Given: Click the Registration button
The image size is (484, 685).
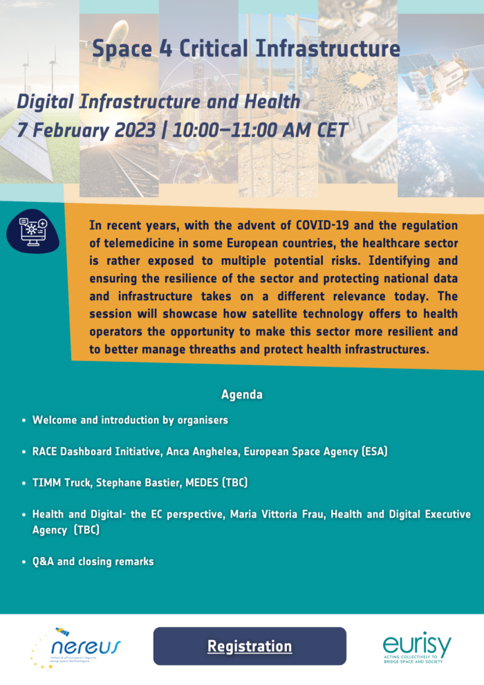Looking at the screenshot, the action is click(250, 646).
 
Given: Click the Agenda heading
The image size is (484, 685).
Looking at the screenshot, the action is click(242, 394).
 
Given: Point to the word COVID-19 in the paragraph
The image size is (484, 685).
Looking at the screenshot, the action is click(322, 226).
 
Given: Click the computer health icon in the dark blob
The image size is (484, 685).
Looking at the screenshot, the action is click(33, 231).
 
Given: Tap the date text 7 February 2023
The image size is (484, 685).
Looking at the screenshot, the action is click(86, 131).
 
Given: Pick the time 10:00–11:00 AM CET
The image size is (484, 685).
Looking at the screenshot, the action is click(260, 130).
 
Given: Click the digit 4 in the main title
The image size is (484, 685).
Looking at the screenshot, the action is click(165, 48).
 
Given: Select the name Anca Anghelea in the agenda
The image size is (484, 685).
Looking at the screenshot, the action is click(203, 452).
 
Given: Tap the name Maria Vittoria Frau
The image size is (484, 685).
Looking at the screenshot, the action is click(277, 514).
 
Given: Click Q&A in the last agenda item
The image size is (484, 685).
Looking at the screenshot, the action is click(43, 561).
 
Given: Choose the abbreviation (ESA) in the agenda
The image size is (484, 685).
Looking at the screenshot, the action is click(375, 451).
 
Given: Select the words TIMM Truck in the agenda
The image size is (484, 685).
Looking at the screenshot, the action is click(62, 483).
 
